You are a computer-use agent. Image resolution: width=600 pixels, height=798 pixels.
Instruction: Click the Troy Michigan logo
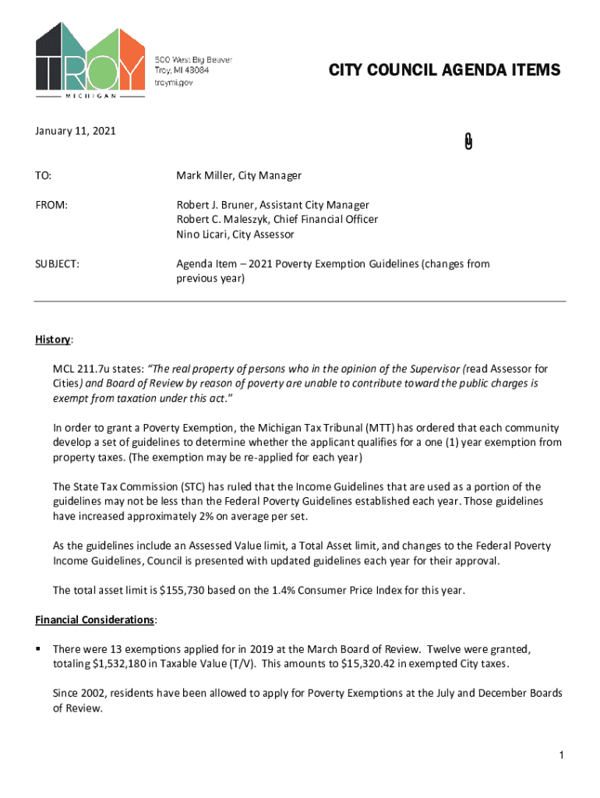(90, 61)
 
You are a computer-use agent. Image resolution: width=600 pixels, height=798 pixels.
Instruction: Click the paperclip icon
(468, 141)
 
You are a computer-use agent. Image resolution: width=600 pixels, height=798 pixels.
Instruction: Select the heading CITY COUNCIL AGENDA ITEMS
(443, 71)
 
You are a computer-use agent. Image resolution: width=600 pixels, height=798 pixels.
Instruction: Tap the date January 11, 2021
(76, 132)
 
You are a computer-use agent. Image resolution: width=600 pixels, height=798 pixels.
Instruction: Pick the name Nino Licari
(200, 235)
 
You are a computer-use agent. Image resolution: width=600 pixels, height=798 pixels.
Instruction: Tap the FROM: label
(51, 205)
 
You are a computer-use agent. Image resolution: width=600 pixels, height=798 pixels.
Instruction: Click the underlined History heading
(53, 340)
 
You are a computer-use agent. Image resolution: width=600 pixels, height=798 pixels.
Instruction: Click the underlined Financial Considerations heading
(95, 620)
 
